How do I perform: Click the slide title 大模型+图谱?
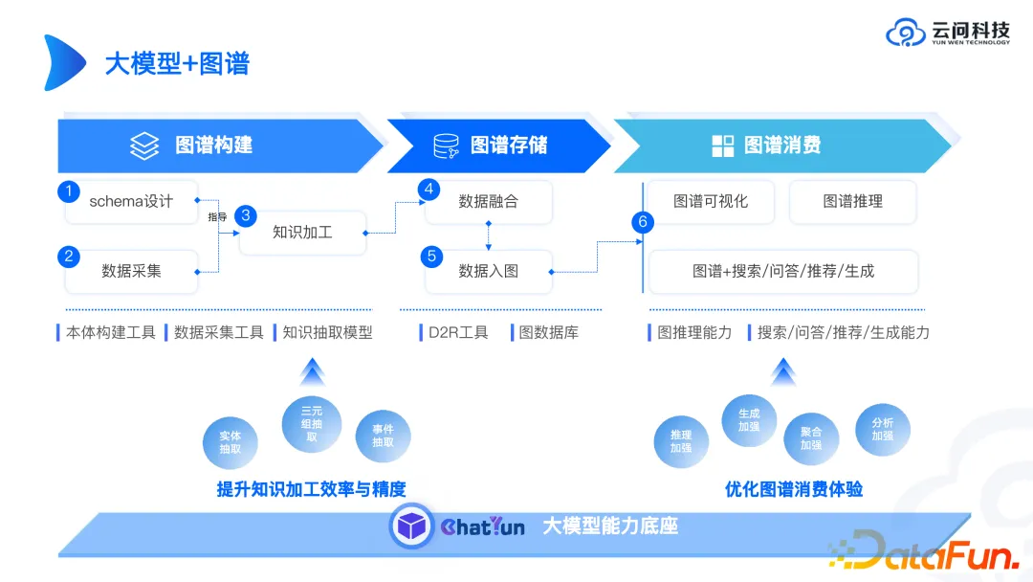point(177,63)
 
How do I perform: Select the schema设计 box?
point(131,201)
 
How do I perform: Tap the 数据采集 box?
point(131,271)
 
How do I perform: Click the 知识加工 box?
point(302,232)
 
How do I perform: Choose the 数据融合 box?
point(488,201)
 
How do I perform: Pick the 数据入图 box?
point(488,271)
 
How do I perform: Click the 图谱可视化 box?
point(710,201)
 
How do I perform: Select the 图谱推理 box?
point(852,201)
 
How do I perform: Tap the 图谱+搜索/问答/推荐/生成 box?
point(783,271)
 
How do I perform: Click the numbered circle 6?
point(643,222)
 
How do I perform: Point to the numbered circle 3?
point(246,215)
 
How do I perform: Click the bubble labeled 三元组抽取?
point(311,424)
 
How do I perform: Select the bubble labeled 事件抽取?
point(383,436)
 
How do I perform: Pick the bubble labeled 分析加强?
point(882,429)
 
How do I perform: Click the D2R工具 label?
point(457,332)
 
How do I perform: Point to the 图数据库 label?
point(548,332)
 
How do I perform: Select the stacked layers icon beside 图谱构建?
point(144,145)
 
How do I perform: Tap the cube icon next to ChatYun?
point(411,526)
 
